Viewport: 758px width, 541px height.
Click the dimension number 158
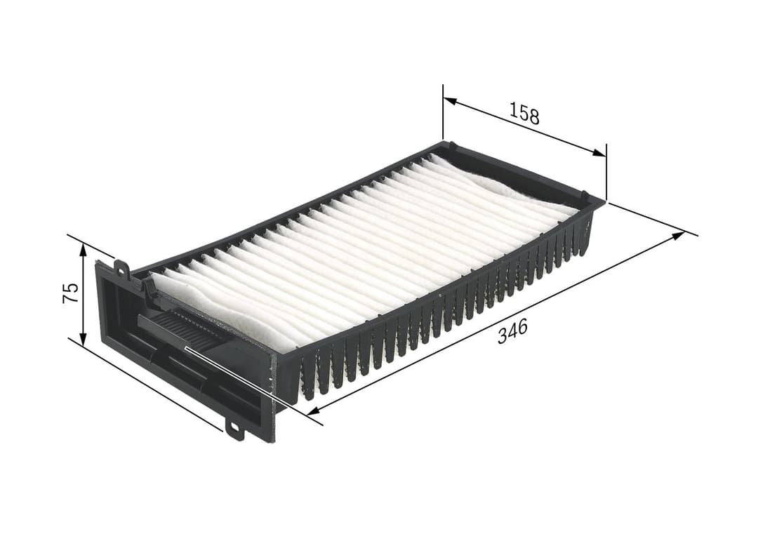[x=525, y=113]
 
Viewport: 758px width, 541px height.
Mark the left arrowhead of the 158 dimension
[x=450, y=102]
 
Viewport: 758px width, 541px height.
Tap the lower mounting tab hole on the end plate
[x=234, y=427]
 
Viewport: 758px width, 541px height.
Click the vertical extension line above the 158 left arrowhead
[x=443, y=112]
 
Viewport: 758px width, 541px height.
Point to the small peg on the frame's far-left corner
[x=452, y=146]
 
